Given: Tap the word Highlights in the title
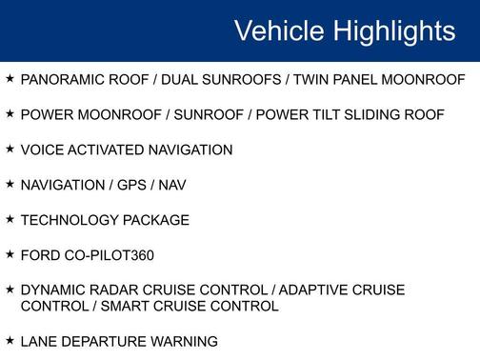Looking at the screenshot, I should tap(391, 31).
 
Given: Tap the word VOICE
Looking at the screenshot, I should tap(41, 150).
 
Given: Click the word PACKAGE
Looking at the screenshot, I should tap(157, 220).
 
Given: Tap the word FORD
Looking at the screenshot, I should tap(40, 255).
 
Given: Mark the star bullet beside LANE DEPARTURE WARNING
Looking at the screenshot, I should tap(10, 340).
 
